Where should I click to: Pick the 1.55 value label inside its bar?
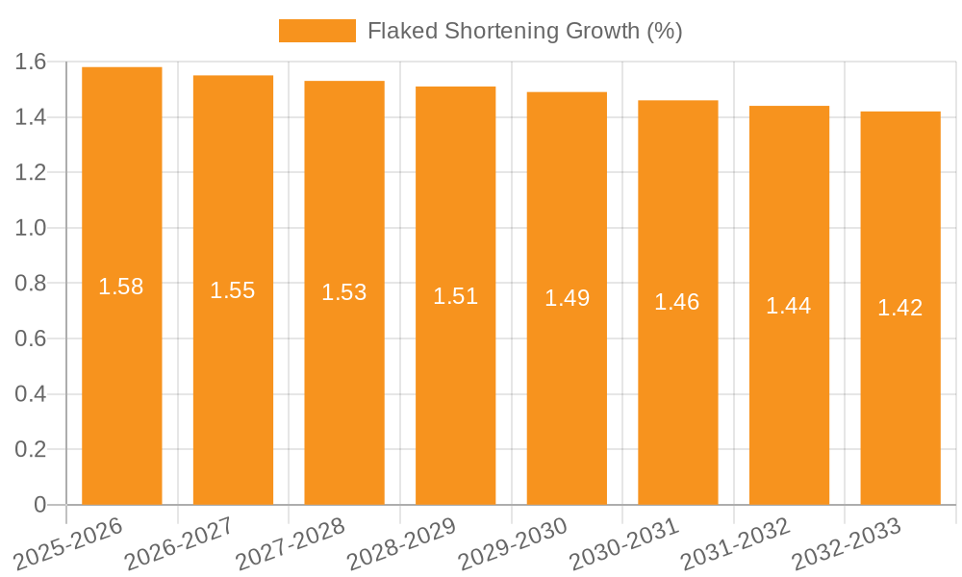point(233,290)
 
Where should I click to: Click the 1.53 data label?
point(344,292)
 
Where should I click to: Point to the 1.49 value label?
point(567,298)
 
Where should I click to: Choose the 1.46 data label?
point(677,302)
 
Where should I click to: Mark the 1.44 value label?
point(789,306)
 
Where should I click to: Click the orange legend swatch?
point(316,31)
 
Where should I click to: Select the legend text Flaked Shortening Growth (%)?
point(525,31)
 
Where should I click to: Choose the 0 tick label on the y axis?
point(39,505)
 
